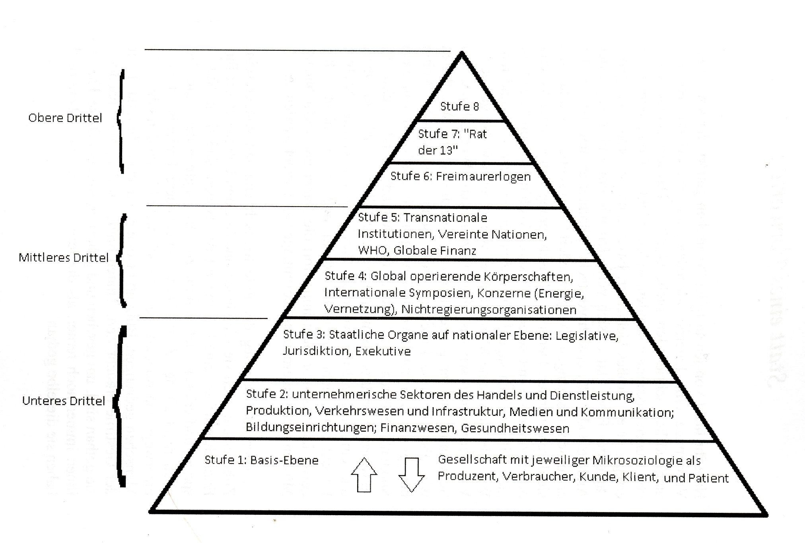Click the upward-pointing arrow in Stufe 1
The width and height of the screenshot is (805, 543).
point(364,475)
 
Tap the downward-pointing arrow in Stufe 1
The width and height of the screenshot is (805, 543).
point(411,475)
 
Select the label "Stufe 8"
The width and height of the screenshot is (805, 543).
point(459,106)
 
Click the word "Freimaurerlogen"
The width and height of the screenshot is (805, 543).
point(483,176)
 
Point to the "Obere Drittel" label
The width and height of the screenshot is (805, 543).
point(65,118)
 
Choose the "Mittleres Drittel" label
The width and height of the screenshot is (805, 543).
point(64,258)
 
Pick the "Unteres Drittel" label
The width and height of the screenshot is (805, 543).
point(64,401)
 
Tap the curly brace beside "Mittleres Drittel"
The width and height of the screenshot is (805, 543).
point(122,260)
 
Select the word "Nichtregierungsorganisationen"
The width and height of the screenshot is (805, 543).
point(489,310)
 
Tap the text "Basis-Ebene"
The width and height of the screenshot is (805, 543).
point(284,460)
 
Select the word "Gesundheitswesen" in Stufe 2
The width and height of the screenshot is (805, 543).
point(515,429)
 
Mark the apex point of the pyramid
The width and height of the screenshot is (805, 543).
point(462,53)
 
